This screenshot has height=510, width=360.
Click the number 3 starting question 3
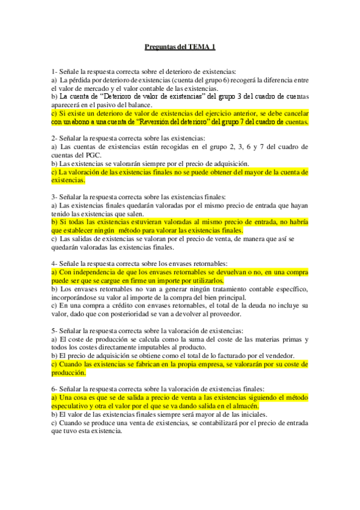pyautogui.click(x=53, y=197)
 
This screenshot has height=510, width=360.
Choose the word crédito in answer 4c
pyautogui.click(x=100, y=306)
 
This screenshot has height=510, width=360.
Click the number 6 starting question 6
pyautogui.click(x=53, y=389)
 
